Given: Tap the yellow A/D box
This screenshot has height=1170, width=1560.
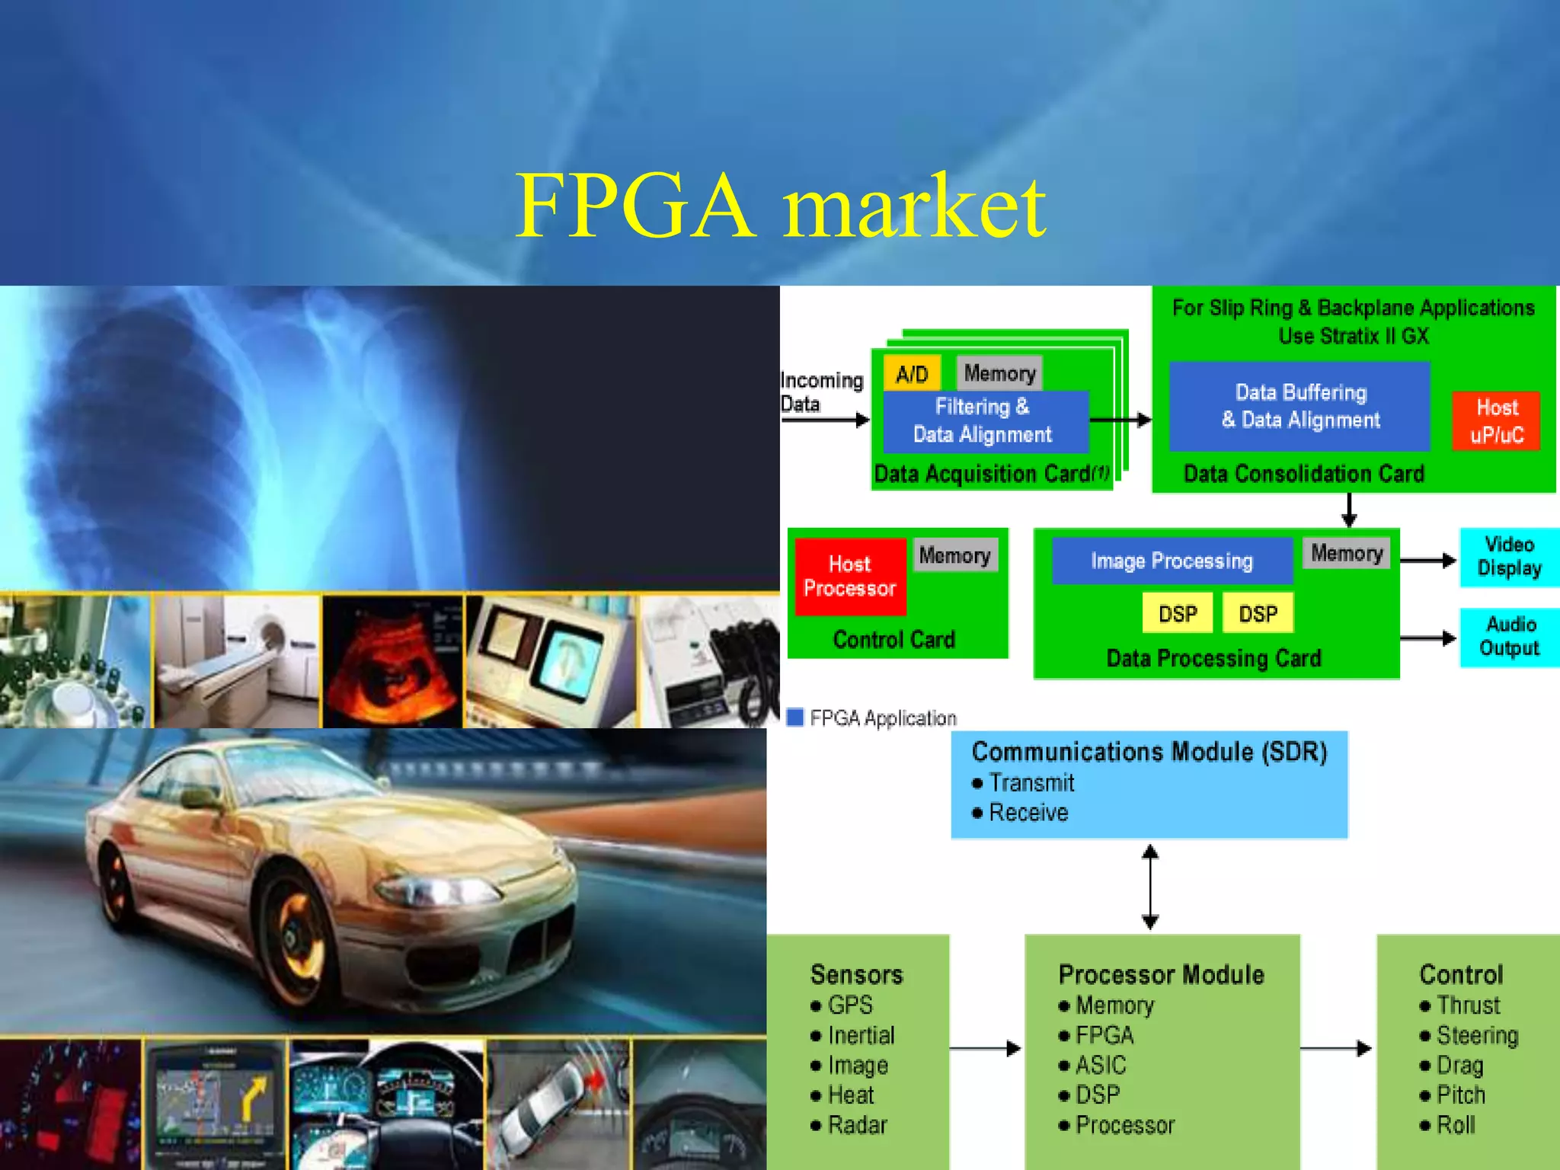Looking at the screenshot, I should point(912,374).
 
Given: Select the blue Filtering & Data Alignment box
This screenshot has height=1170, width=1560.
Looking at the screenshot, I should point(983,421).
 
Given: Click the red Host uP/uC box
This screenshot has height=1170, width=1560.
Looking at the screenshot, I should point(1496,421).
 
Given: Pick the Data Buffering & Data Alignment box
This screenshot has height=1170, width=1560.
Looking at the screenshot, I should point(1299,406).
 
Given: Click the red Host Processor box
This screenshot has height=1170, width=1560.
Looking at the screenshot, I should point(850,577).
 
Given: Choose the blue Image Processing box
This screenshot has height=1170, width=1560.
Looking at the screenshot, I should point(1172,561).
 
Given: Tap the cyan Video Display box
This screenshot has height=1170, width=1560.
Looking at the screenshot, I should point(1509,557).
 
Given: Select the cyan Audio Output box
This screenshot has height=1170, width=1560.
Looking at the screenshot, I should point(1509,637).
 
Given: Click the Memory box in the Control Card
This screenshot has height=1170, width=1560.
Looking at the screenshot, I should point(954,555).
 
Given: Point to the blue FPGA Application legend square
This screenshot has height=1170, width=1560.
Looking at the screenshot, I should point(795,718).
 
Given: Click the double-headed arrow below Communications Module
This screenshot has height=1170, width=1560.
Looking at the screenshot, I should point(1150,887).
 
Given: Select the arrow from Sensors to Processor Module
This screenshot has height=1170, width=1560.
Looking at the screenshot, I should point(986,1049).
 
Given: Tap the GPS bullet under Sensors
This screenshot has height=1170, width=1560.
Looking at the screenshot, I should point(850,1005).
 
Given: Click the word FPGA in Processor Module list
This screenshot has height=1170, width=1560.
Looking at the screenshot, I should point(1104,1035).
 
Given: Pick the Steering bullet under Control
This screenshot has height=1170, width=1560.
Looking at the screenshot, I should point(1477,1035).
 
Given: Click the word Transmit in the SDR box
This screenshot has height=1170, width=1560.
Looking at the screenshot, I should point(1031,783).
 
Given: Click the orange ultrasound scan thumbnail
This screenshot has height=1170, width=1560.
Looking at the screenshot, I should point(393,660).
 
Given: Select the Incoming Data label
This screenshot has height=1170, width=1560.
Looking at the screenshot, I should point(821,392).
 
